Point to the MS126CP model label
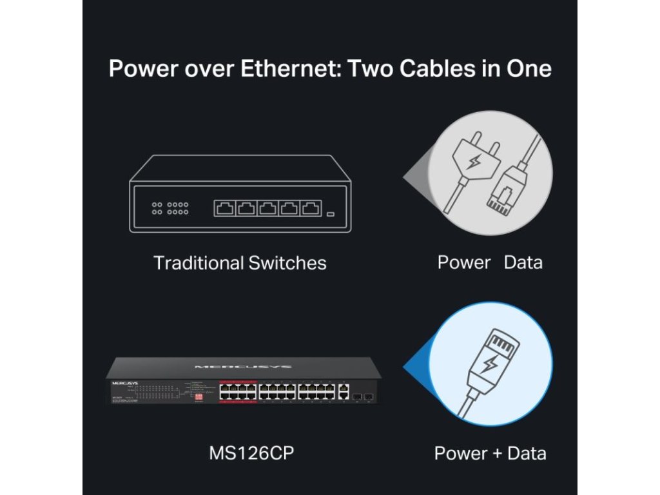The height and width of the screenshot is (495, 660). click(x=251, y=452)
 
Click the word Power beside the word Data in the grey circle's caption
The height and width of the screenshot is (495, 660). click(x=463, y=262)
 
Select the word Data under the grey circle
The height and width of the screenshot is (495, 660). click(x=523, y=262)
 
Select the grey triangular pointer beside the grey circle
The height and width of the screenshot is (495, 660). click(x=416, y=175)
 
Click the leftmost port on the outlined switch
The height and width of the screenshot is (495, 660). click(x=226, y=208)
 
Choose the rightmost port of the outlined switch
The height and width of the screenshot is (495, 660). click(x=311, y=208)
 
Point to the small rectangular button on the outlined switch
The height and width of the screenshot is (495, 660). click(x=331, y=213)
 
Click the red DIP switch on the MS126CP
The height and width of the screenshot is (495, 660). click(x=199, y=397)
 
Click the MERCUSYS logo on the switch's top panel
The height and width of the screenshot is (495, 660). click(x=243, y=367)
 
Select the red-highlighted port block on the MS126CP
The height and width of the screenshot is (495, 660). click(x=237, y=391)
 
